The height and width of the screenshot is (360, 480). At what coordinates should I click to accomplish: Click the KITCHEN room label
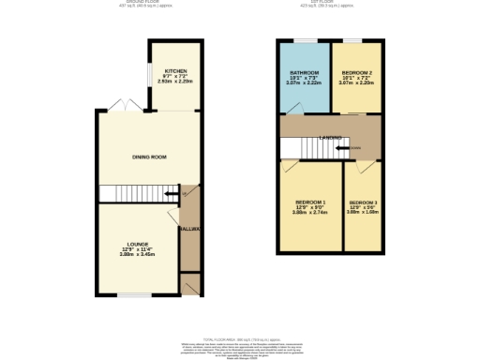(175, 71)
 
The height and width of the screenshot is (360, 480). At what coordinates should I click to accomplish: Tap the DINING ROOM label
(147, 157)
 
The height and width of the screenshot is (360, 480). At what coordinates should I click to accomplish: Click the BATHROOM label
(305, 73)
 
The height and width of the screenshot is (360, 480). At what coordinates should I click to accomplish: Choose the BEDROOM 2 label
(357, 73)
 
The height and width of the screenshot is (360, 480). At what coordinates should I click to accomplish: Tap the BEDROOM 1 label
(311, 202)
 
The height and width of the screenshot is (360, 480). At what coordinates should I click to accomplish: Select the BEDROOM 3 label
(363, 203)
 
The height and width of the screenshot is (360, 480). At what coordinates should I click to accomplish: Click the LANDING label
(331, 138)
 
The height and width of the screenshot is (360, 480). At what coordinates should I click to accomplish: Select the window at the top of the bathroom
(304, 40)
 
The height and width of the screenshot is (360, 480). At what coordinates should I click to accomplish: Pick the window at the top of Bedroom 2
(356, 40)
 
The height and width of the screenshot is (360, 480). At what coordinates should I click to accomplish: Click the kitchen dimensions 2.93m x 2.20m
(175, 82)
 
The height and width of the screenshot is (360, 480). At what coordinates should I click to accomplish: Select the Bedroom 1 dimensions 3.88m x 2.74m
(311, 215)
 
